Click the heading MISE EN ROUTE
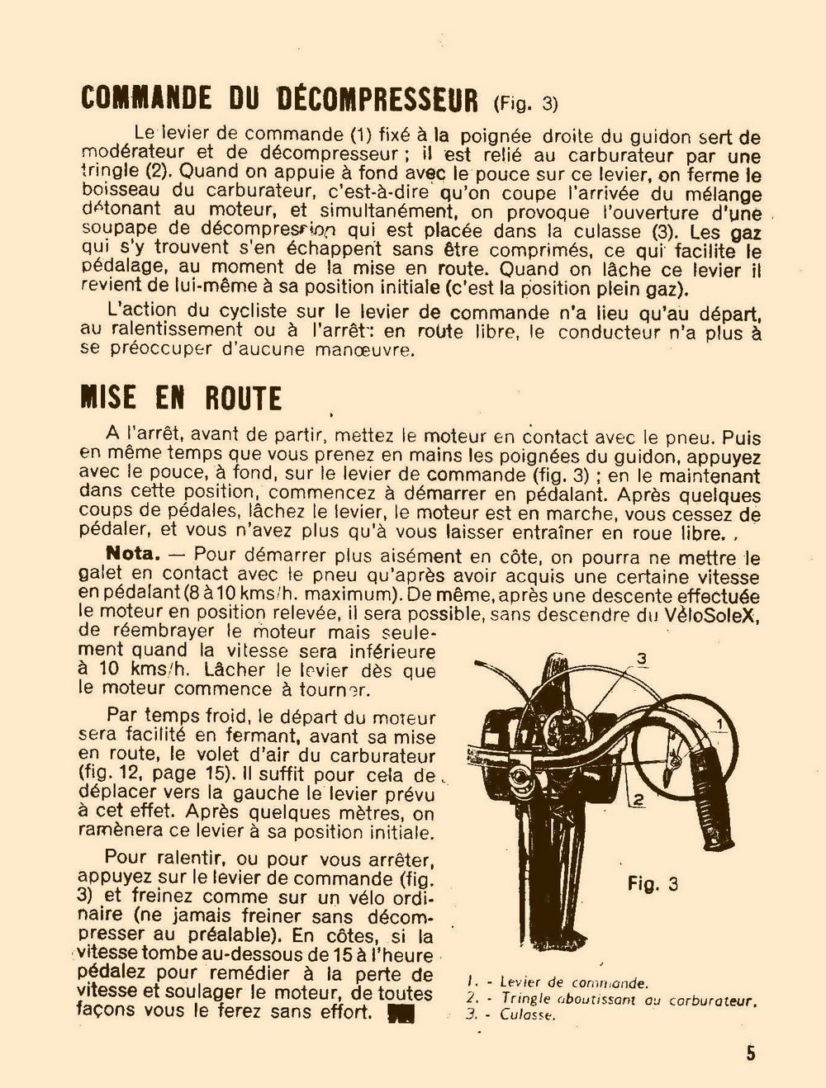click(x=181, y=398)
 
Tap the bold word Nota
click(x=132, y=553)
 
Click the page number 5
click(x=751, y=1053)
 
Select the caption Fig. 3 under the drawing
click(x=653, y=883)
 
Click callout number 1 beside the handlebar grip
click(x=720, y=724)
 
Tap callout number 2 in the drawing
click(x=638, y=799)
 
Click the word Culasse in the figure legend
click(x=527, y=1015)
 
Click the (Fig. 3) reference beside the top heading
click(x=525, y=104)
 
